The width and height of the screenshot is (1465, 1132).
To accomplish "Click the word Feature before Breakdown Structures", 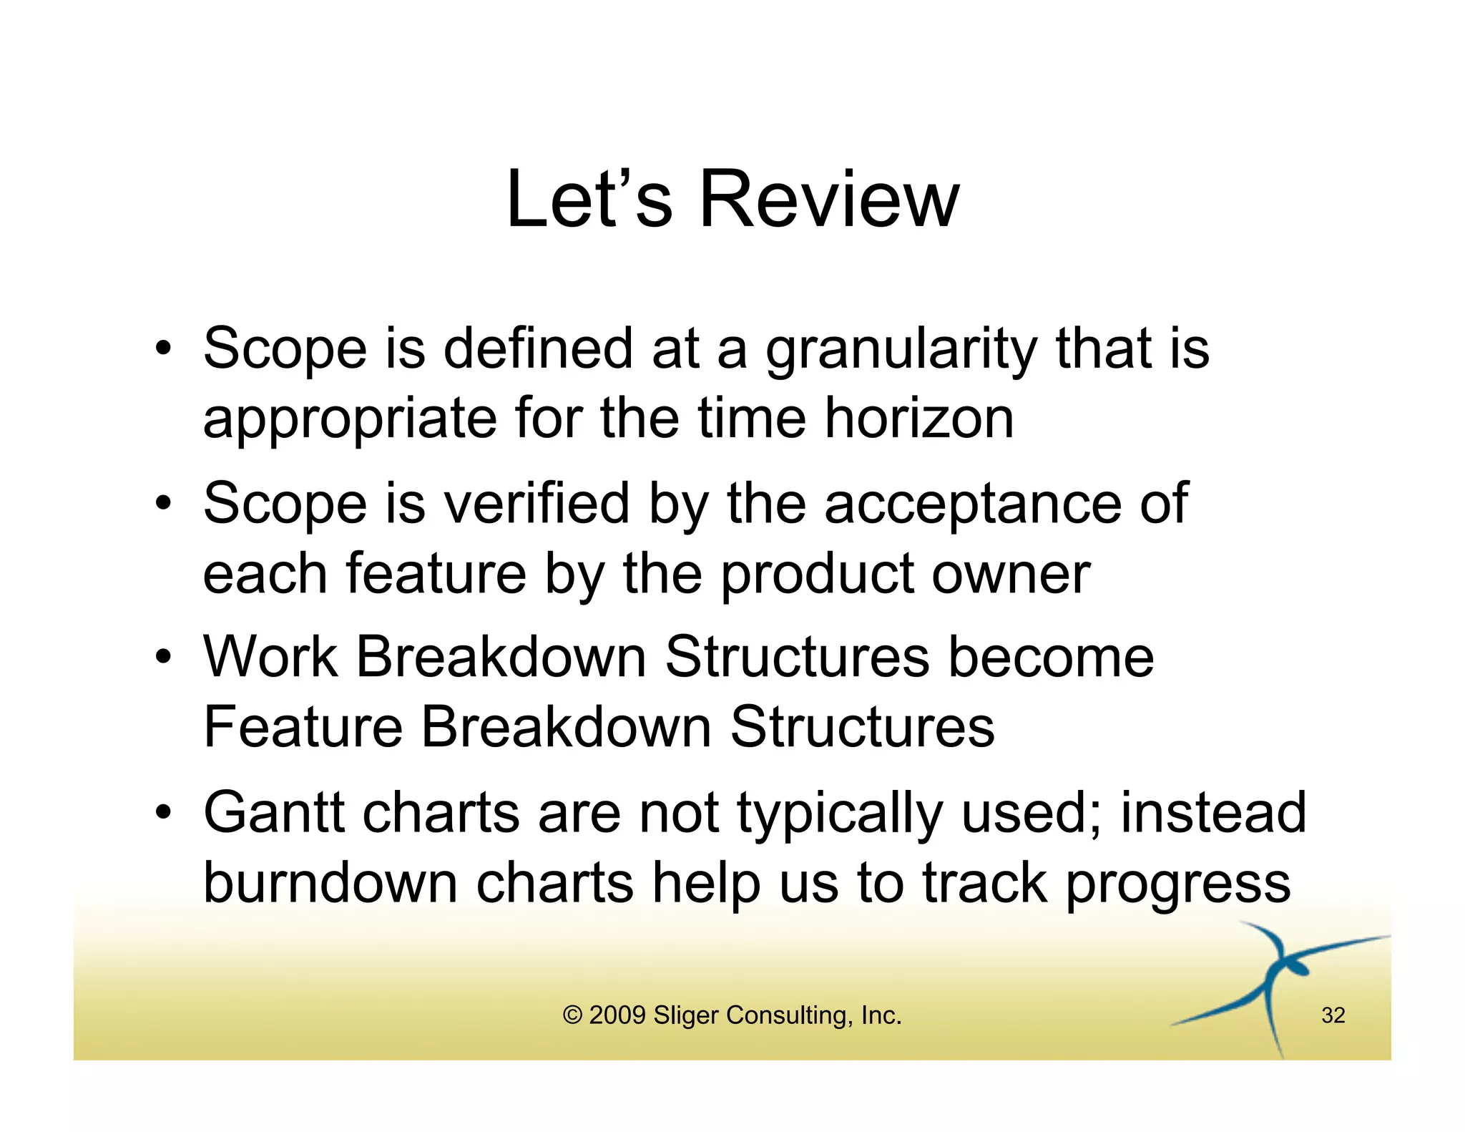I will click(303, 727).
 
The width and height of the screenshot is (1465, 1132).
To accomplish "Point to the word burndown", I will click(330, 883).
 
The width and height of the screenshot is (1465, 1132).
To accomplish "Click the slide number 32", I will click(1333, 1015).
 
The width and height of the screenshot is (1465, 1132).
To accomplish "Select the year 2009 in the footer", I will click(617, 1015).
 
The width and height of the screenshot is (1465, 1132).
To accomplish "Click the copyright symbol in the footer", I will click(572, 1015).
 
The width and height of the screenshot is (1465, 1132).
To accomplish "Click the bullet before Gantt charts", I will click(164, 813).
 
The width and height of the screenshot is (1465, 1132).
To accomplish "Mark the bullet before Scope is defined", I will click(164, 348).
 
